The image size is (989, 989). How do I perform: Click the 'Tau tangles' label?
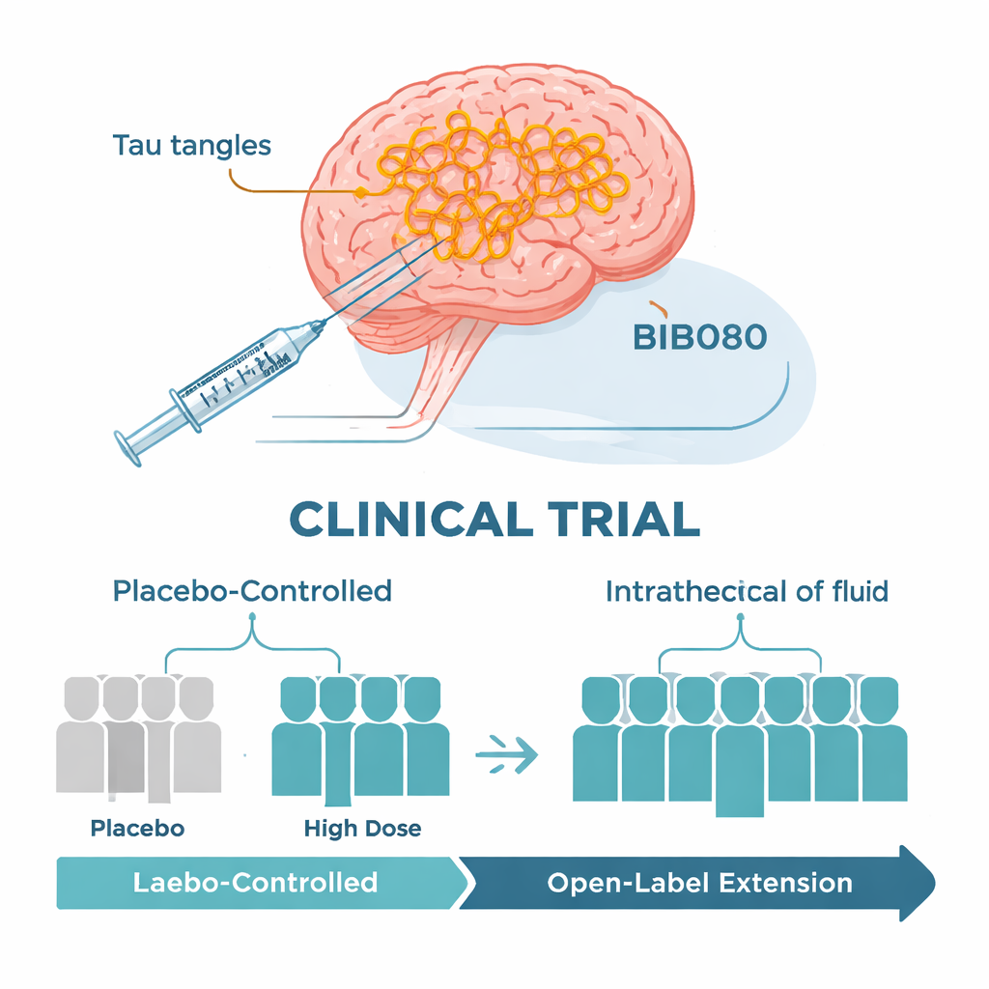point(191,146)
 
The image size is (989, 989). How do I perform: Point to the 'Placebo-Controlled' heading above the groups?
point(252,590)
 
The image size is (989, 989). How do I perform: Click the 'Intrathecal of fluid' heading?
point(746,591)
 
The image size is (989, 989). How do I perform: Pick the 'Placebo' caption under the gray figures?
point(137,828)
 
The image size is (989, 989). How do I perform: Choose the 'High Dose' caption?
point(362,828)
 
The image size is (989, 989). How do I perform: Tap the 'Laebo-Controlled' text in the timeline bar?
point(254,881)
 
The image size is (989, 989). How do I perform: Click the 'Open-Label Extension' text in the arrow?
point(699,882)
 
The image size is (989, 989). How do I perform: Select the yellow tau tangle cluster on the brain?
point(493,188)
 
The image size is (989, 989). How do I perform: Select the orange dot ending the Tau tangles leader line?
point(360,194)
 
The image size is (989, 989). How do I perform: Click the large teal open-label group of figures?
point(740,739)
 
